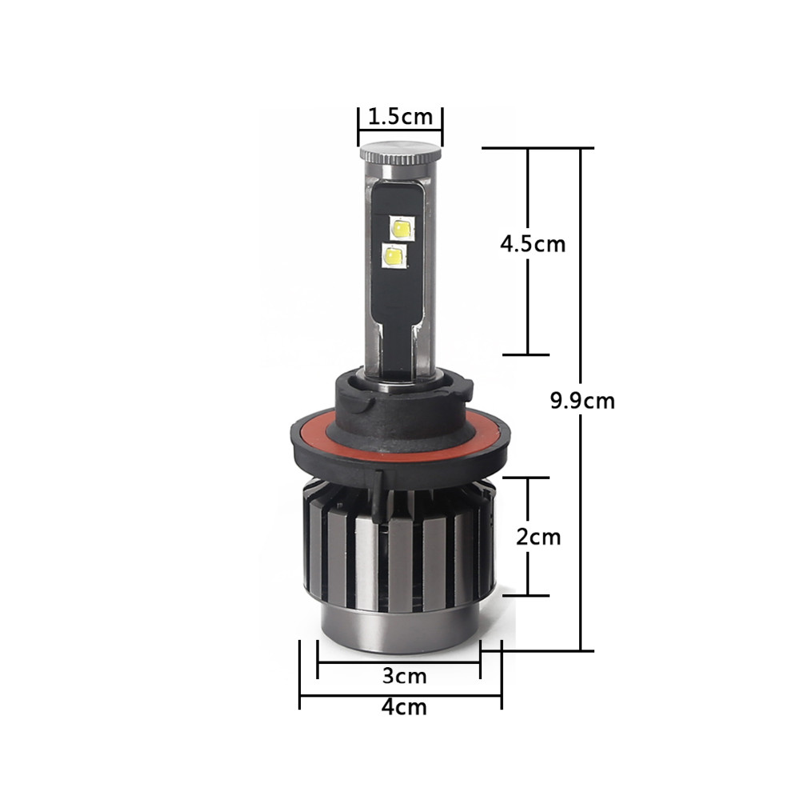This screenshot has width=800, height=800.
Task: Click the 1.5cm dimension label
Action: pos(400,117)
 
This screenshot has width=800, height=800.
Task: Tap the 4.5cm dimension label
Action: pos(533,244)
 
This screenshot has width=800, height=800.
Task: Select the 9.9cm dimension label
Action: pos(582,401)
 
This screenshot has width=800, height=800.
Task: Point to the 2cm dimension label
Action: pos(538,537)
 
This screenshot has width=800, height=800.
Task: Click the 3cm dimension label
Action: pos(404,676)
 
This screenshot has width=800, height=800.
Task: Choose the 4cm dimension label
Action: pos(403,707)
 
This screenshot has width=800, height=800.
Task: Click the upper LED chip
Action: pos(402,227)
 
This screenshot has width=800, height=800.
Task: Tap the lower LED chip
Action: pos(394,256)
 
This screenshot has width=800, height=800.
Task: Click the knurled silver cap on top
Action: pos(400,153)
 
